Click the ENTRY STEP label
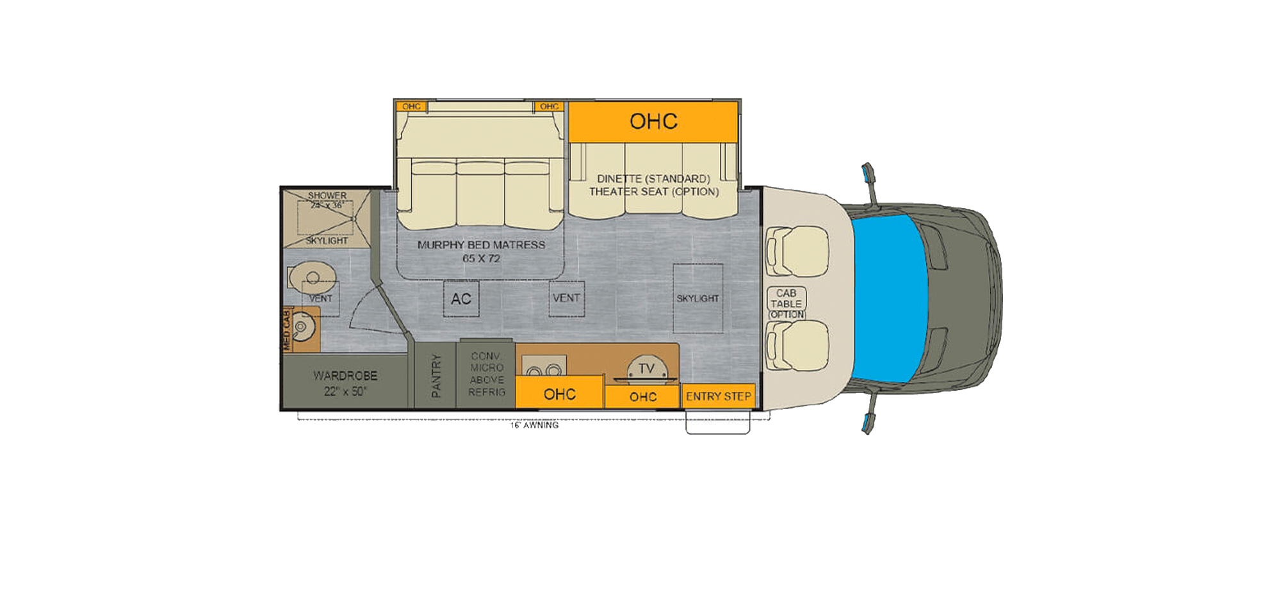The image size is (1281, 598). click(x=718, y=396)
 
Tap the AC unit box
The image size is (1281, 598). click(x=461, y=299)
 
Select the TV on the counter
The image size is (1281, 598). click(x=646, y=369)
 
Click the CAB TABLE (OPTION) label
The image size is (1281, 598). click(x=786, y=303)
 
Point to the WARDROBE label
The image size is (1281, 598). click(x=345, y=382)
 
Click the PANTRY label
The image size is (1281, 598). click(x=436, y=375)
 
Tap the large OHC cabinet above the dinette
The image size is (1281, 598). click(x=653, y=121)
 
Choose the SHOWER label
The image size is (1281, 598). click(x=327, y=196)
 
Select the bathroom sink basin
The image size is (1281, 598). click(x=301, y=327)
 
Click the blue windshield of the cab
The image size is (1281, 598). click(x=890, y=298)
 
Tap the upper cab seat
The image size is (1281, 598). click(x=797, y=252)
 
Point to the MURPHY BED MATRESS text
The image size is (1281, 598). click(x=481, y=245)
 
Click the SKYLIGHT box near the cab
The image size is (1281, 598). click(x=698, y=298)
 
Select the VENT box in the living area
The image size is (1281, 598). click(x=566, y=298)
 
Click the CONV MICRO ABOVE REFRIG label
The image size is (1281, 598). click(x=487, y=374)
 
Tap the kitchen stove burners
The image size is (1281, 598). click(x=544, y=370)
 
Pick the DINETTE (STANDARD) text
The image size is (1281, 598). click(x=653, y=179)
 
